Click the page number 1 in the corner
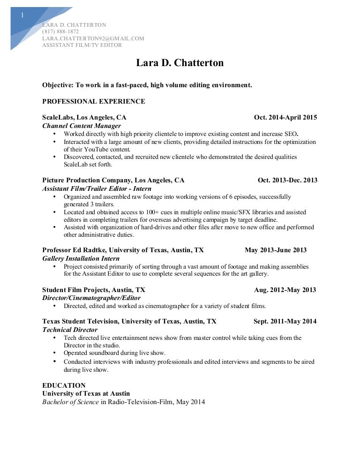point(22,15)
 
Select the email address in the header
point(93,38)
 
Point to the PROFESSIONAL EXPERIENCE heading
point(94,101)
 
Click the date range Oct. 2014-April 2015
point(285,118)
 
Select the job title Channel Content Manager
point(82,126)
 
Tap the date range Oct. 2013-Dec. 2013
point(287,180)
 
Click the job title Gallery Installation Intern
point(81,258)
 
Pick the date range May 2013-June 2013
point(276,250)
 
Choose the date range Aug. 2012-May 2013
point(285,290)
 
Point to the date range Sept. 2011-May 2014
point(285,322)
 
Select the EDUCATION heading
point(64,385)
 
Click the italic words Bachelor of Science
point(71,402)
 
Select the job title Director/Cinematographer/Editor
point(91,298)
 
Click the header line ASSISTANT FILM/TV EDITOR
point(82,45)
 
